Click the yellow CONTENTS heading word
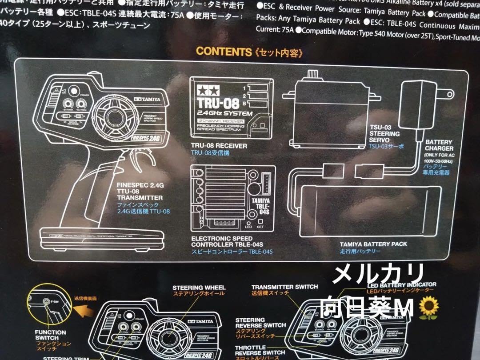click(x=224, y=51)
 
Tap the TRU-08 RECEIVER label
click(x=219, y=146)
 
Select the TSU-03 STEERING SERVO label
click(x=385, y=133)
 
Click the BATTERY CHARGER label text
click(x=439, y=145)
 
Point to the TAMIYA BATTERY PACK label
click(x=373, y=244)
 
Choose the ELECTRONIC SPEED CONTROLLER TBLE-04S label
click(x=227, y=241)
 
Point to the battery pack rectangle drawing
click(x=373, y=211)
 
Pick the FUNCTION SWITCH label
click(x=50, y=335)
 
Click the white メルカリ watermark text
click(x=378, y=272)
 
